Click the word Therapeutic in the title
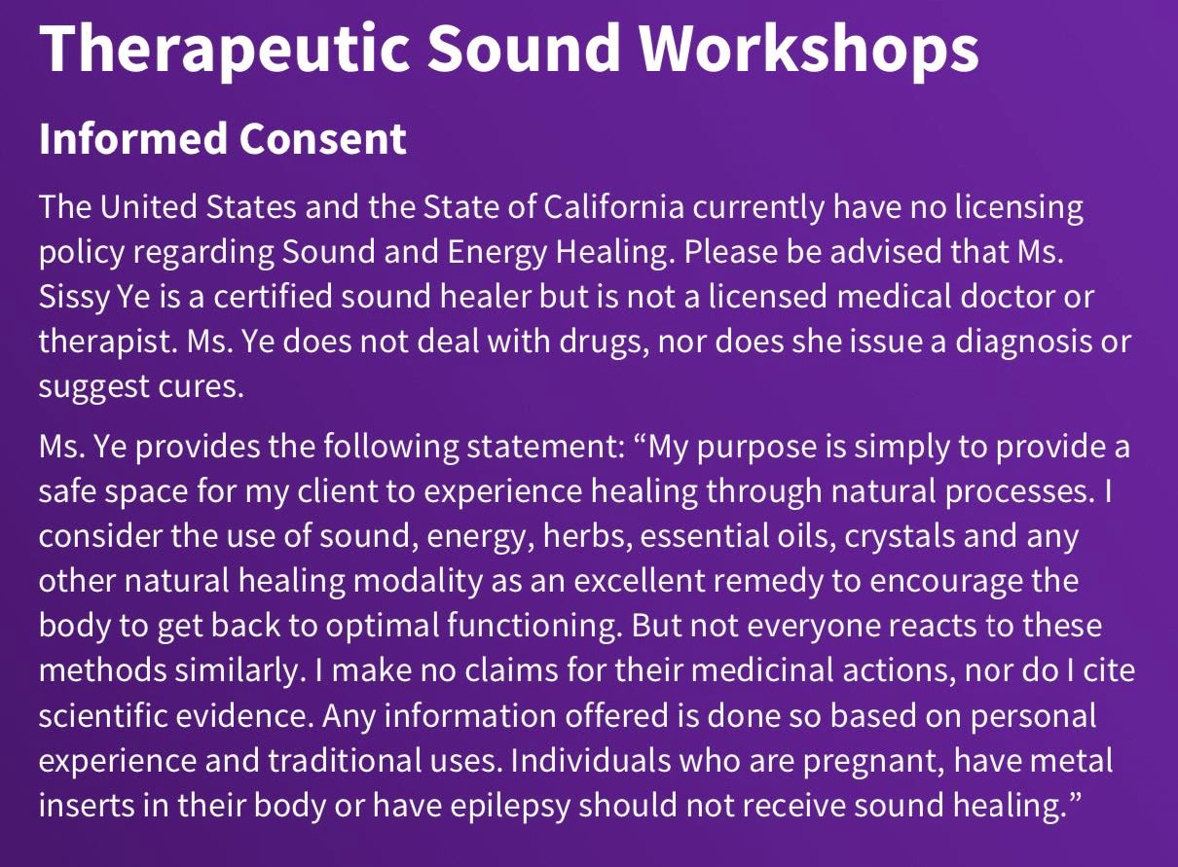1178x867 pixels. (224, 51)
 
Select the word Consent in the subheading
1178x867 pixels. (322, 138)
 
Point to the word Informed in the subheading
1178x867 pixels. (134, 138)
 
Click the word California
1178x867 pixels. (613, 206)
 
